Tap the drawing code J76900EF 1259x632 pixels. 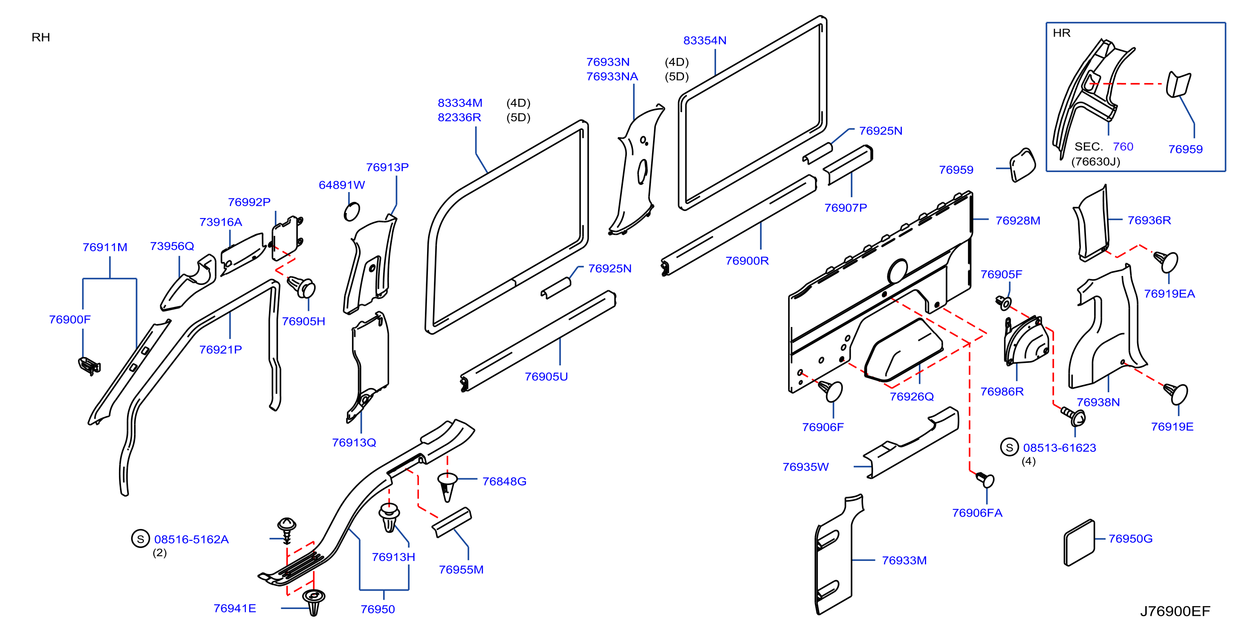pos(1175,611)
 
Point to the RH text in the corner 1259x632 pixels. pos(40,37)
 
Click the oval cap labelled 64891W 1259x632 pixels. pos(352,212)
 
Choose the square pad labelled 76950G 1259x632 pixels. pos(1079,543)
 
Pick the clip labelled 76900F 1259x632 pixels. pos(89,366)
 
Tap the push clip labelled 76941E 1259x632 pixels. pos(313,602)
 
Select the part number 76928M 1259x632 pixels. pos(1018,221)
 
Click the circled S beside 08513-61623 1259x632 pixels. pos(1009,447)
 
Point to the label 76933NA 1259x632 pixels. pos(612,77)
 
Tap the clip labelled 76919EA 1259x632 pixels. pos(1166,261)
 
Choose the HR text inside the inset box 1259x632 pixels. pos(1061,33)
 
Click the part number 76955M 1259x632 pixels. pos(461,569)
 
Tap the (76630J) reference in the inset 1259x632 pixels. pos(1095,162)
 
